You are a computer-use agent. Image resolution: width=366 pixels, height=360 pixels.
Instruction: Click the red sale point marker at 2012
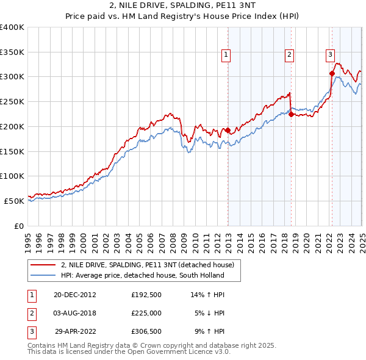[x=228, y=130]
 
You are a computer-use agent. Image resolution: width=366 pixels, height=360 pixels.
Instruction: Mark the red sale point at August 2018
[x=291, y=114]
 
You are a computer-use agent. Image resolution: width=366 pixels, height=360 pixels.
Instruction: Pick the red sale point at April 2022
[x=332, y=73]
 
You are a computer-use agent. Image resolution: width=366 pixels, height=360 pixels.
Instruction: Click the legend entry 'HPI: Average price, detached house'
[x=142, y=275]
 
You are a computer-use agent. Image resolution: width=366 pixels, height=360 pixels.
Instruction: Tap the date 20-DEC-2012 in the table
[x=75, y=294]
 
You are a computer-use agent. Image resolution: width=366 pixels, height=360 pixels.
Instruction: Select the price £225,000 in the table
[x=146, y=313]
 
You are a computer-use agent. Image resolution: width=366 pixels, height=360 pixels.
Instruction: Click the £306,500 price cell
[x=146, y=332]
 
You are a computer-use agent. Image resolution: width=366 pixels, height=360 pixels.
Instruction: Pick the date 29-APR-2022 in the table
[x=75, y=332]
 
